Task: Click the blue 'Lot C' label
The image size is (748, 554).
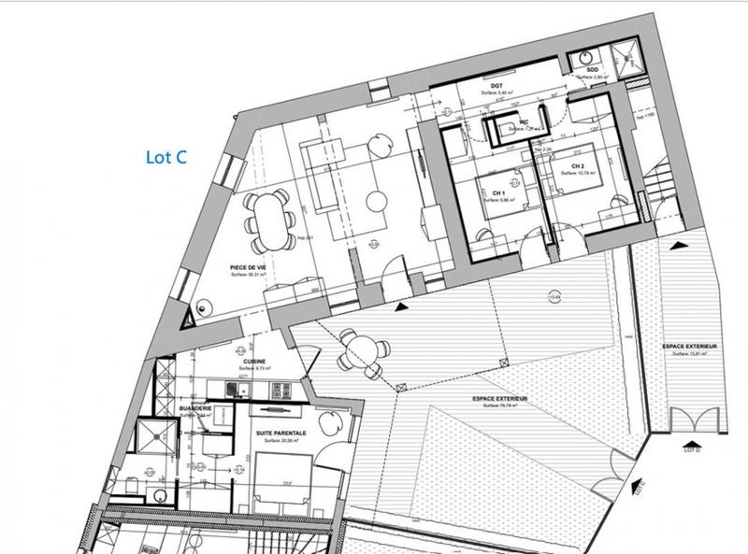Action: (x=167, y=157)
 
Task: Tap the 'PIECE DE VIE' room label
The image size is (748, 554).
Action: (x=248, y=267)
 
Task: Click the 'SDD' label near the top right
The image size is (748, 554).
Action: (x=593, y=69)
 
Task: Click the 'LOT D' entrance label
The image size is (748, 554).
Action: (x=693, y=450)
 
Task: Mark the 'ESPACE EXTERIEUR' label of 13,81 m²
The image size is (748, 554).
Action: (x=690, y=347)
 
